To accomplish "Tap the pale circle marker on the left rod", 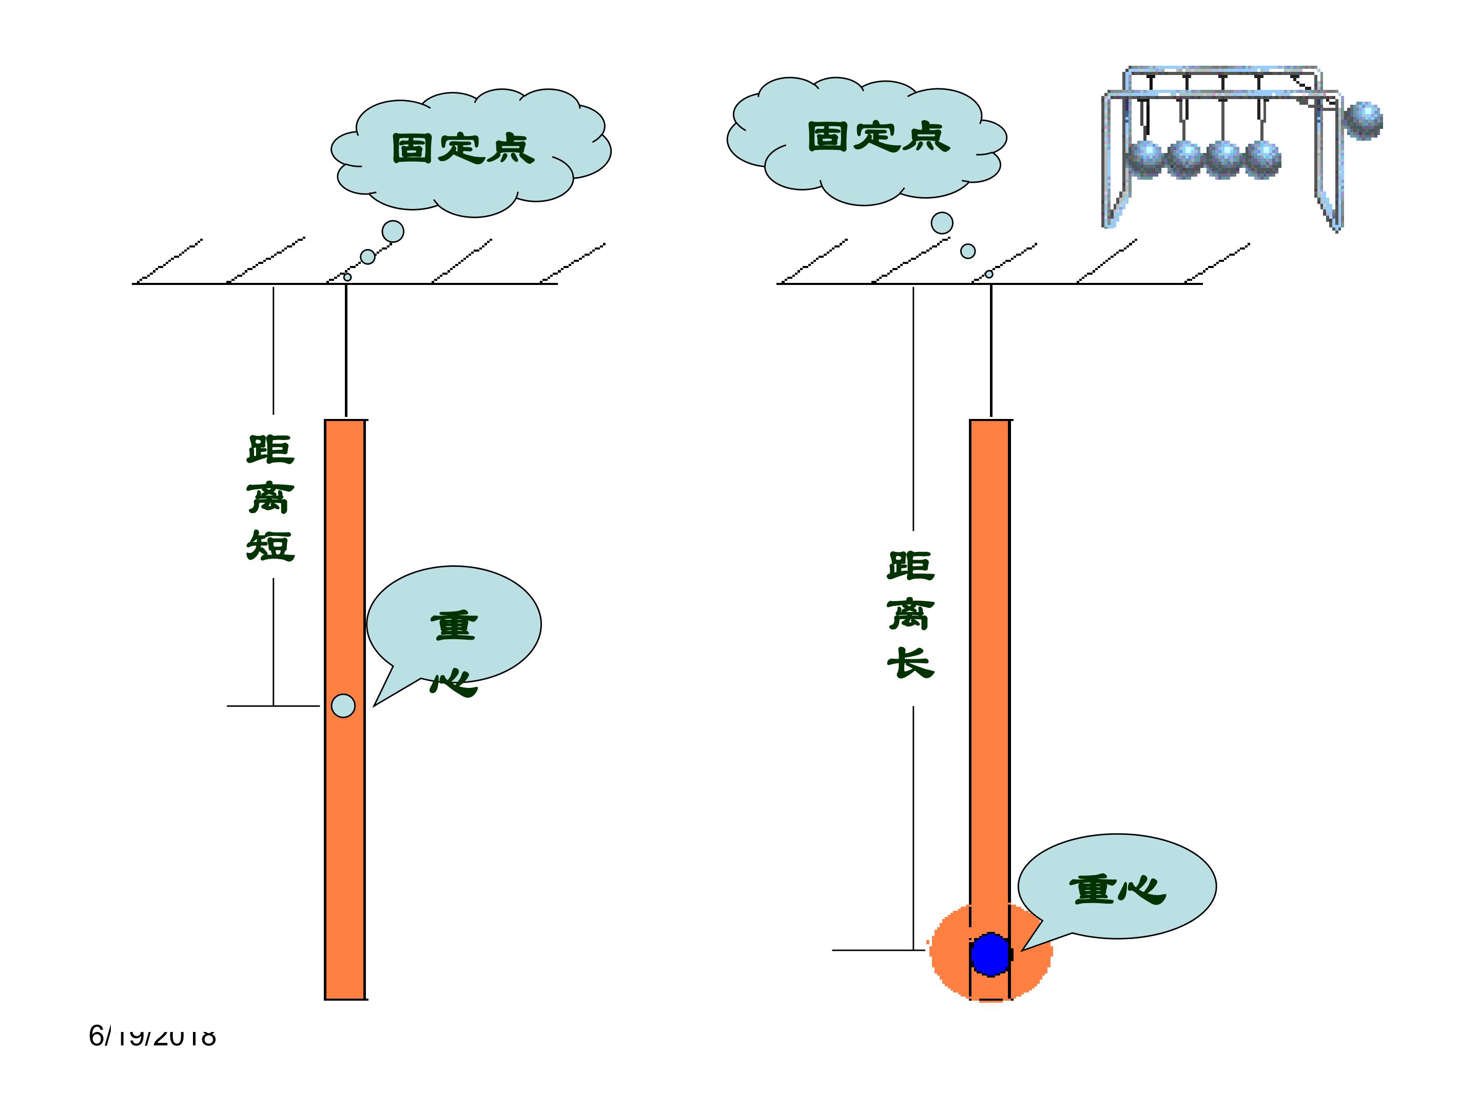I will click(x=343, y=705).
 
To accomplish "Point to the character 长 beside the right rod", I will click(x=911, y=662).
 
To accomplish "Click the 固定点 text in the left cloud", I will click(x=462, y=148).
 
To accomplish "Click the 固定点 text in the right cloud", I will click(x=878, y=137).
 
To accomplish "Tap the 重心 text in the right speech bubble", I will click(x=1117, y=890).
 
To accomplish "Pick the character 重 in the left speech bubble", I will click(x=454, y=626).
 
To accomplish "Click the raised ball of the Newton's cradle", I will click(x=1363, y=120).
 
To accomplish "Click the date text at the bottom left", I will click(x=152, y=1036).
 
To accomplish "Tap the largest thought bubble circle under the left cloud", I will click(x=393, y=231).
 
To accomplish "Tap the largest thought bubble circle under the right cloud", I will click(x=942, y=223).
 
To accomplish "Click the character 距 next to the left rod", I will click(x=270, y=449).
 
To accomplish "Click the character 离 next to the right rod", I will click(x=911, y=614).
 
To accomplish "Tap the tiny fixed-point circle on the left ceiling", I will click(x=347, y=277).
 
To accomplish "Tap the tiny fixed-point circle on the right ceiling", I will click(x=989, y=274).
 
